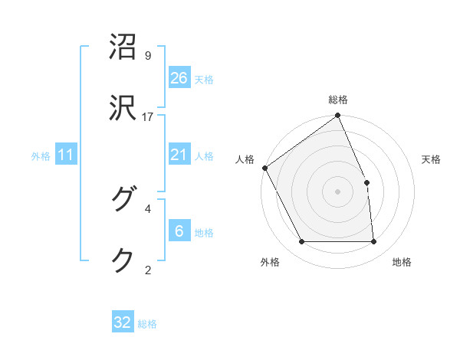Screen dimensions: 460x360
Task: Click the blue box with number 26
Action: click(x=179, y=77)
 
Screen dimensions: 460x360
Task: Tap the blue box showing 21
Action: click(x=179, y=155)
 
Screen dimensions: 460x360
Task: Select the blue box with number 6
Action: click(x=179, y=231)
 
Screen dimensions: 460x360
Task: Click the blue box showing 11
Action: click(x=66, y=155)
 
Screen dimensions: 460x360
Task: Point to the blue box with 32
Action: click(x=123, y=322)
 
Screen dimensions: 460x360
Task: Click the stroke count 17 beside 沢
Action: click(x=148, y=116)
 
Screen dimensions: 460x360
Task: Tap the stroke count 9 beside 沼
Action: click(x=148, y=56)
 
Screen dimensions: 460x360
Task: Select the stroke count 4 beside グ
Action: click(x=148, y=208)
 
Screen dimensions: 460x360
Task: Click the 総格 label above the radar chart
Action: click(x=338, y=100)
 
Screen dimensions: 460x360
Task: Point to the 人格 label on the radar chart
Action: click(x=245, y=159)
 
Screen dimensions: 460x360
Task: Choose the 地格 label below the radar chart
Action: click(x=402, y=262)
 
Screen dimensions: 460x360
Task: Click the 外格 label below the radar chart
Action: click(x=270, y=262)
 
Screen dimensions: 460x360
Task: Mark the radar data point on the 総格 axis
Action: click(x=338, y=116)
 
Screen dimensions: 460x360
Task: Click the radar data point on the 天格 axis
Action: click(x=366, y=182)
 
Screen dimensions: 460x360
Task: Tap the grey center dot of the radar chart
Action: click(x=338, y=191)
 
